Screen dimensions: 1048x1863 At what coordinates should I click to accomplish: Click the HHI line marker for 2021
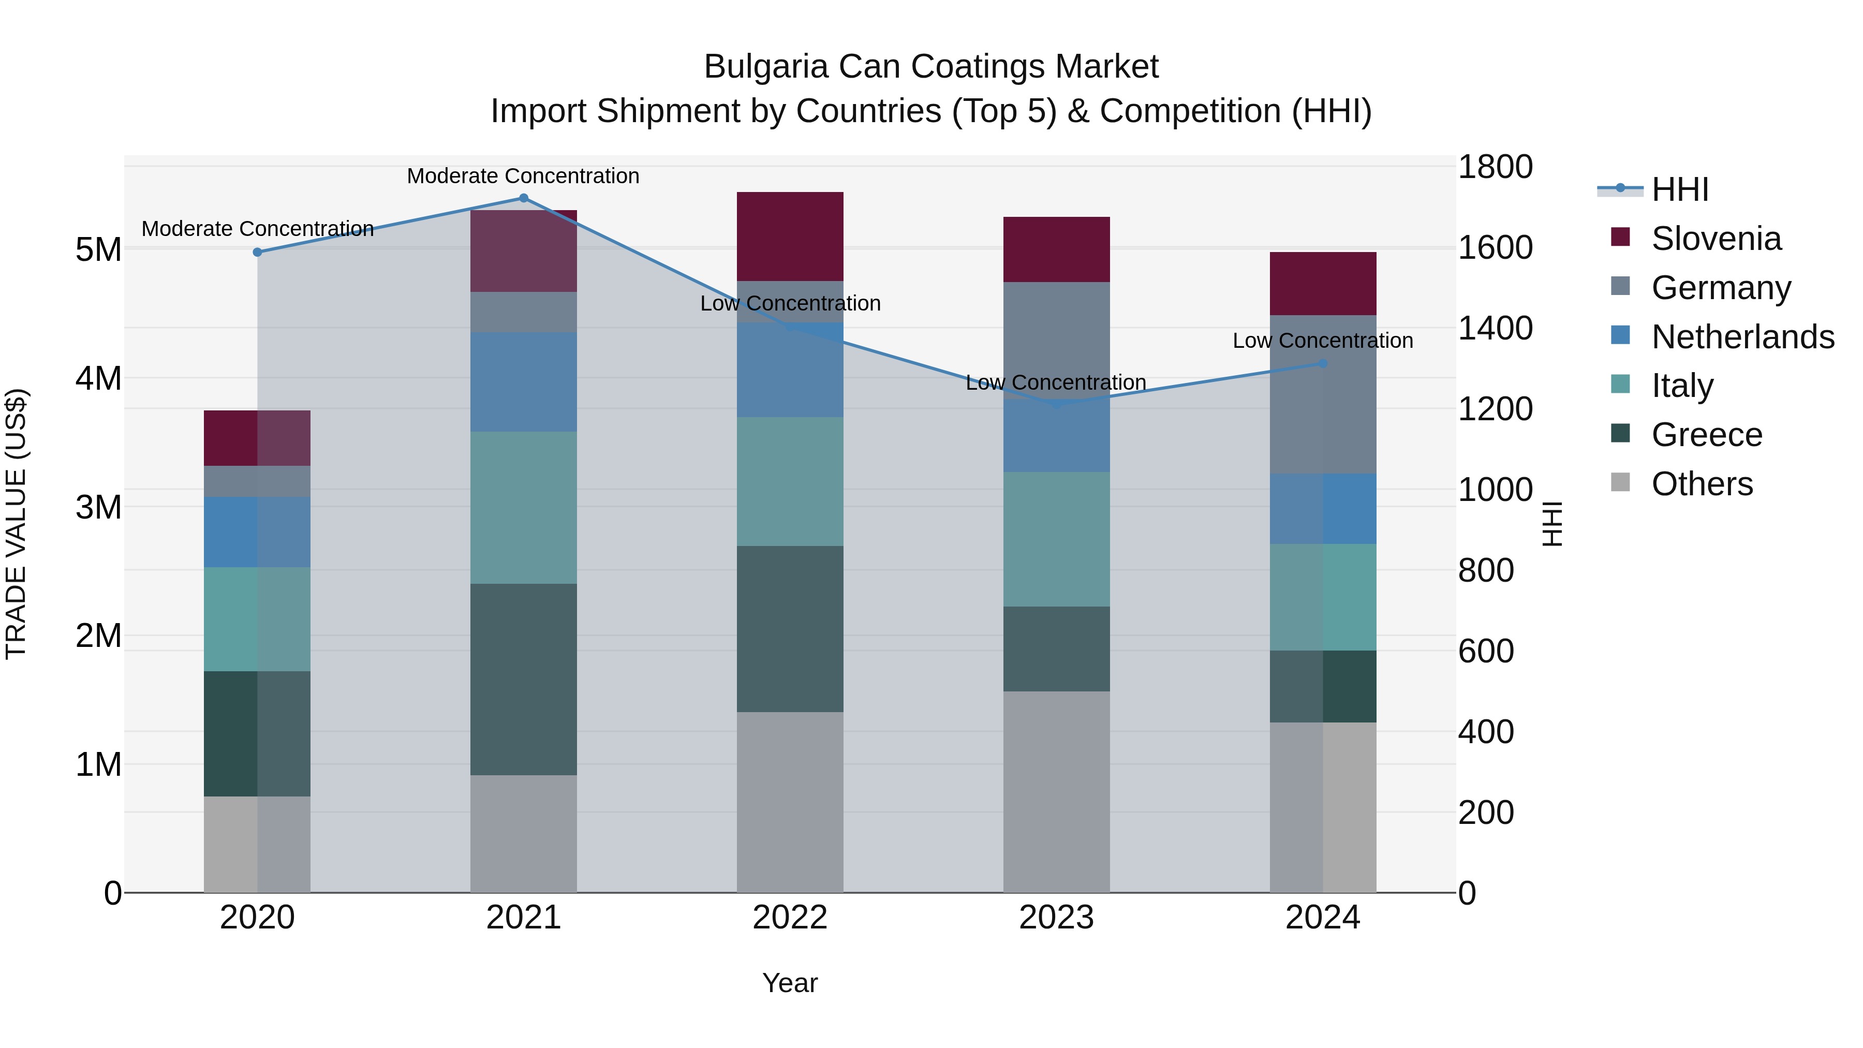click(524, 198)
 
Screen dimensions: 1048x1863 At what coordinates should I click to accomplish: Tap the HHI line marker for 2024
click(1323, 364)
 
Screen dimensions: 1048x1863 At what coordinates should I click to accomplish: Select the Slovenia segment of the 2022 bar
click(790, 237)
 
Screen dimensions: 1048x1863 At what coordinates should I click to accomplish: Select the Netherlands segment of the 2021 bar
click(524, 382)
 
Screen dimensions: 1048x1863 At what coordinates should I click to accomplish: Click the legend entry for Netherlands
click(1742, 336)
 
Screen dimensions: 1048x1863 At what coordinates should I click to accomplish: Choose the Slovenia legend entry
click(1716, 239)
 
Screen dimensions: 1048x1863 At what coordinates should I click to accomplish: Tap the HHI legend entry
click(1679, 189)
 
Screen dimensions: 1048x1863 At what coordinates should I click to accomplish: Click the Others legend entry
click(1701, 484)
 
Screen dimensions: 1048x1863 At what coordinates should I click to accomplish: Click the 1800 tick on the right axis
click(1494, 167)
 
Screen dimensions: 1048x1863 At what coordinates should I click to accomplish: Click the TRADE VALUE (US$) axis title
click(16, 524)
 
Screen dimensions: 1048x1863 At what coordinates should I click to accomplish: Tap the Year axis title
click(790, 983)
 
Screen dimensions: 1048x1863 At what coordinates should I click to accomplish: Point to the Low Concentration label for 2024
click(1323, 341)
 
